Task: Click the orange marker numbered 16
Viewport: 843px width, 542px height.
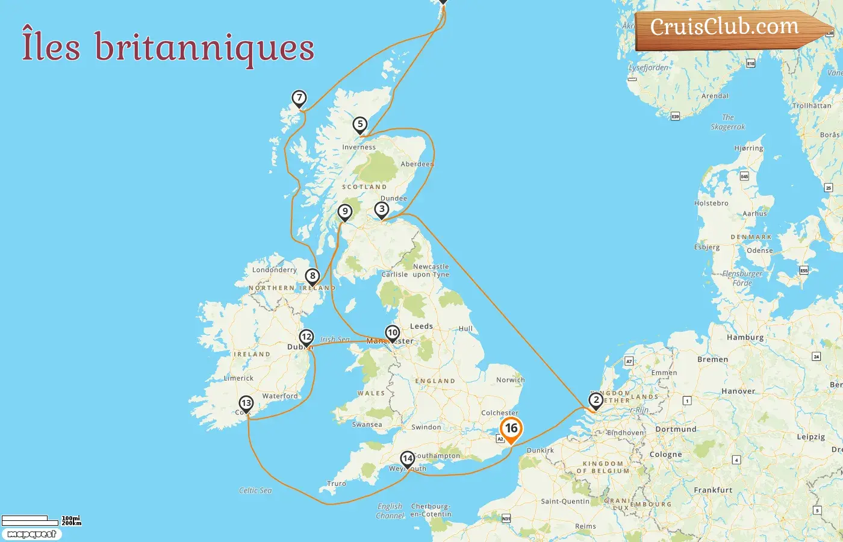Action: [x=511, y=429]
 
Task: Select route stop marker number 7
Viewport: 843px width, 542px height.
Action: [x=299, y=98]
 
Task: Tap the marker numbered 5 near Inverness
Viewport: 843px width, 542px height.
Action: [x=360, y=125]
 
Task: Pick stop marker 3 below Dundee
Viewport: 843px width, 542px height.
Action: [x=382, y=210]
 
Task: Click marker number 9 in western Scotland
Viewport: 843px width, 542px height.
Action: [x=344, y=211]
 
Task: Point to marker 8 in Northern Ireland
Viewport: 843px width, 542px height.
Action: [x=312, y=276]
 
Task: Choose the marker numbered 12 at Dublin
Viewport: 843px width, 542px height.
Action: [x=306, y=337]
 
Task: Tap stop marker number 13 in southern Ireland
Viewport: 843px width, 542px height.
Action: [x=246, y=403]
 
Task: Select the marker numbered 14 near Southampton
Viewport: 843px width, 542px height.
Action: [x=408, y=459]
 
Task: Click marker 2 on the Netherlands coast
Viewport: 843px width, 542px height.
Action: [x=596, y=400]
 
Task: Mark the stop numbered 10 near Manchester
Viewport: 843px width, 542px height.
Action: [x=393, y=332]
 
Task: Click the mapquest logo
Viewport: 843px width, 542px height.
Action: [x=31, y=534]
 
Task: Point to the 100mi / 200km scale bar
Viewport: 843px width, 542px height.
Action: [x=41, y=520]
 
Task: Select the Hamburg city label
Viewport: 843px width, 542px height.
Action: [x=745, y=337]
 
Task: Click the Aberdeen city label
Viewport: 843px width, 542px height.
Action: [x=417, y=164]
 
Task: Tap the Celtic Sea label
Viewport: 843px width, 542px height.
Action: [x=255, y=490]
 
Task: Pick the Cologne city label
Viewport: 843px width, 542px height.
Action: [x=665, y=454]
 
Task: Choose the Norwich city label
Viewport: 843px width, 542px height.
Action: [x=510, y=380]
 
